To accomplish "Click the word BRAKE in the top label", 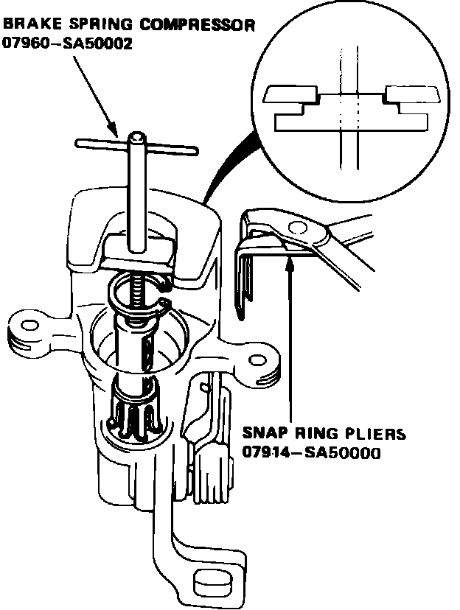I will pos(27,25).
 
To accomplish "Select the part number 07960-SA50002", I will pos(68,44).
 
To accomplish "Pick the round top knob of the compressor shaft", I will pos(137,137).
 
